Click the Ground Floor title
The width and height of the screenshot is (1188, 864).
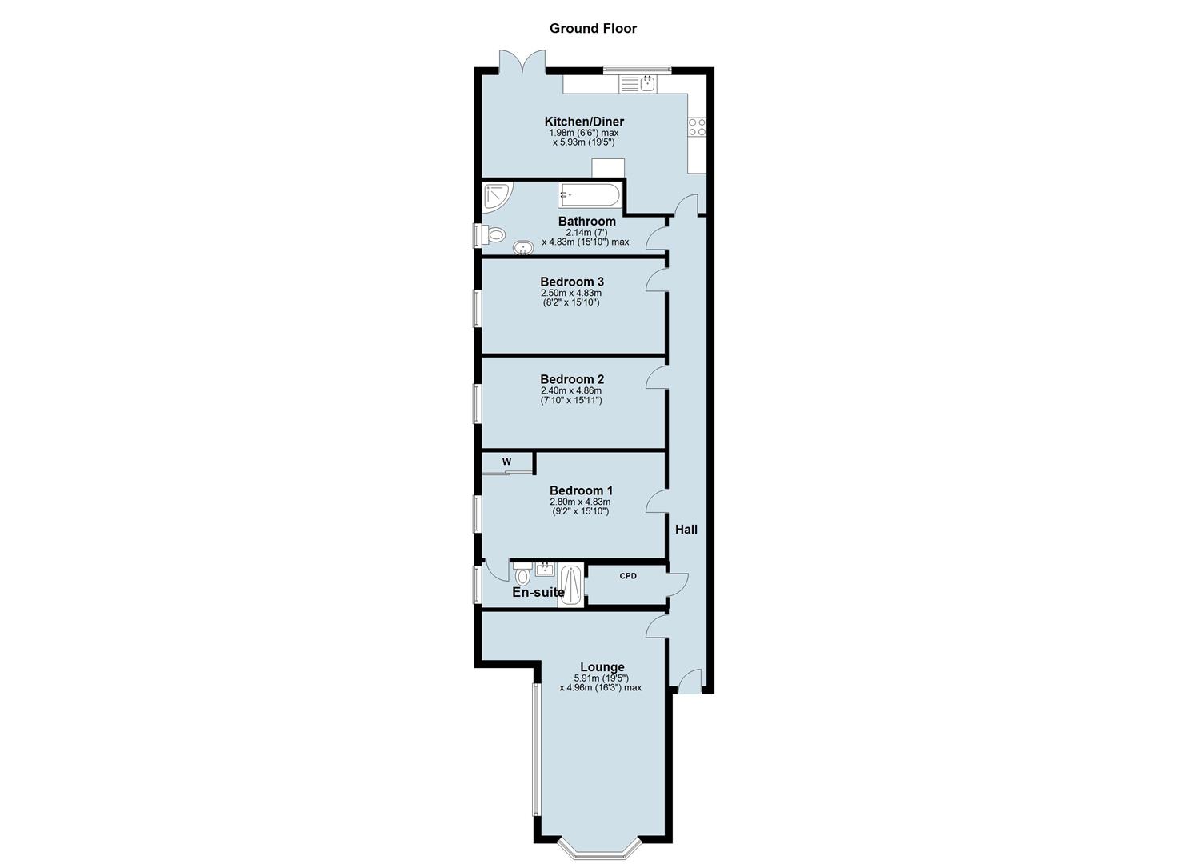[593, 29]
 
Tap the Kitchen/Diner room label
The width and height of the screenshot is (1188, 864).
[584, 122]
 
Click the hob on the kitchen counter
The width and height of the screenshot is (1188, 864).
[697, 127]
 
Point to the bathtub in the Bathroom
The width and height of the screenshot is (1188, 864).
[590, 194]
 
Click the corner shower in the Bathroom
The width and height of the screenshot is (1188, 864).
[496, 197]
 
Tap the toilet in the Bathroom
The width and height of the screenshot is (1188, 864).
[494, 235]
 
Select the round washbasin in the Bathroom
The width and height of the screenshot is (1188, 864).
[523, 247]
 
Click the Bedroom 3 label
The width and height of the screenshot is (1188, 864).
[571, 282]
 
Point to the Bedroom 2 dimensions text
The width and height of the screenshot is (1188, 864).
[571, 395]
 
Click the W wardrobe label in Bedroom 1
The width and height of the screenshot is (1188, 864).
[506, 462]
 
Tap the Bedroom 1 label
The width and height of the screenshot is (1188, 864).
[581, 490]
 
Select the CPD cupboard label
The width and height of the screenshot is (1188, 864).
[628, 576]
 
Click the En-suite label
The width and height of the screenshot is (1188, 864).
[538, 593]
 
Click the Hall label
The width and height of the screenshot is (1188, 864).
[686, 530]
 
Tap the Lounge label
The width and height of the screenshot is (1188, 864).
[602, 667]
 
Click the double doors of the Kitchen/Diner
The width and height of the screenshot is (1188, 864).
[522, 62]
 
